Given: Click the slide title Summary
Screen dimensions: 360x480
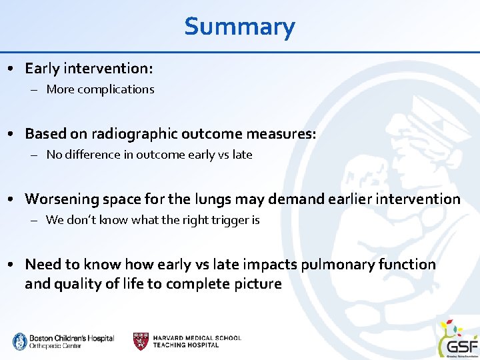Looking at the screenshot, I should (x=239, y=27).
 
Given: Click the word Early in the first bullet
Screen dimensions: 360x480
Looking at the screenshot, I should (x=43, y=68).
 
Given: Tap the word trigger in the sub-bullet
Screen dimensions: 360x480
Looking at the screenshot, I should (x=227, y=220).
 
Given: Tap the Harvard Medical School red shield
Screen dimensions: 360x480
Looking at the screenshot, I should (x=141, y=341).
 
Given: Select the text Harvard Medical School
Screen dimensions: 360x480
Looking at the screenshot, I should (x=197, y=338).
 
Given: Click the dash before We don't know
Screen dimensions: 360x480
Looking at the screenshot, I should (x=33, y=220).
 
